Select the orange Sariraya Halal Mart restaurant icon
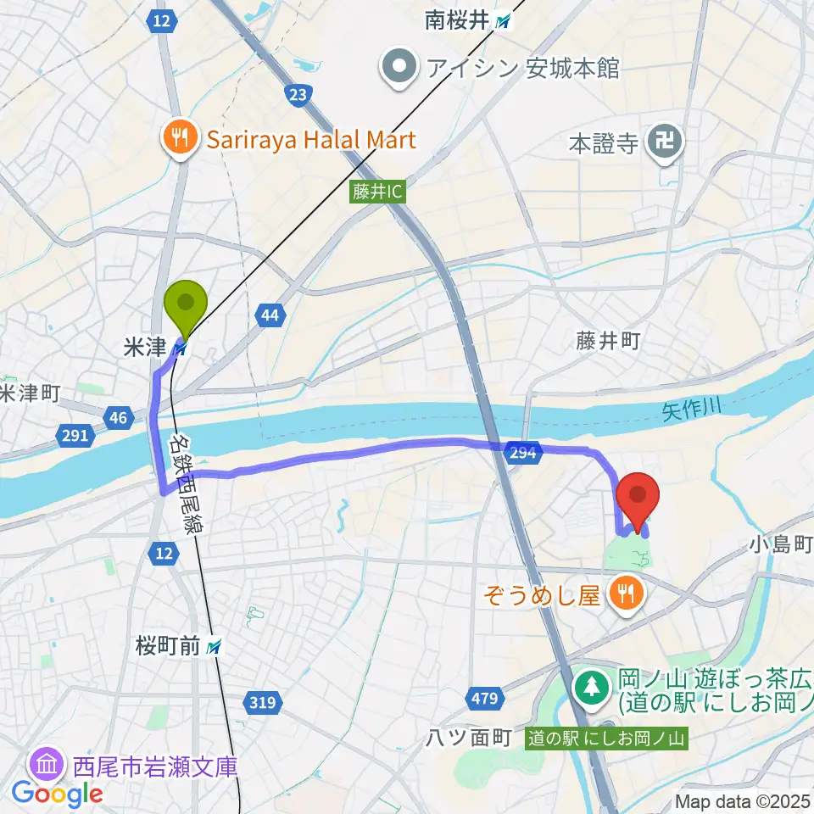coord(180,137)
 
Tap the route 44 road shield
coord(269,316)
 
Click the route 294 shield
coord(523,453)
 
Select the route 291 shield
coord(75,436)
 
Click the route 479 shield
coord(481,698)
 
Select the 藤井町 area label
coord(605,341)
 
